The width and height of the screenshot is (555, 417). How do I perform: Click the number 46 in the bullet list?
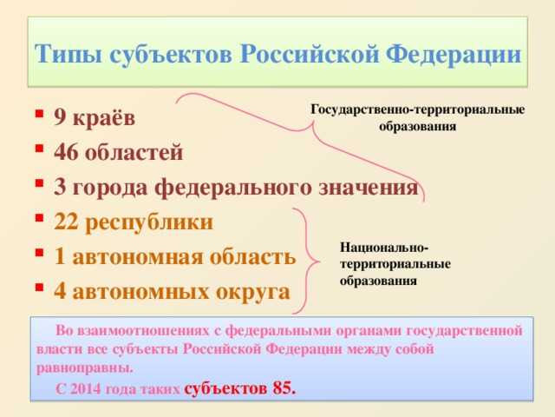[67, 153]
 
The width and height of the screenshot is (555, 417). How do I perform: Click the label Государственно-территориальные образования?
[417, 118]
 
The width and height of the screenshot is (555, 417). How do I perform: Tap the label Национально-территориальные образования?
[394, 263]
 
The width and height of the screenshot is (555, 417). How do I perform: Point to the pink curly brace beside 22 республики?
[304, 258]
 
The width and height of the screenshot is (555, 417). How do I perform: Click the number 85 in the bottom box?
[283, 387]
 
